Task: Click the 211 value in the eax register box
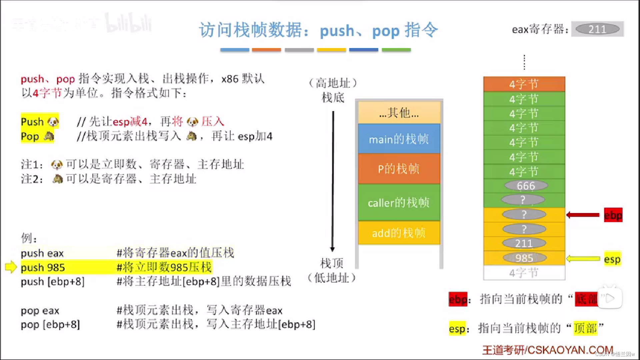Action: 597,29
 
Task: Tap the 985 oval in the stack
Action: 524,258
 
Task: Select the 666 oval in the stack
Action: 526,186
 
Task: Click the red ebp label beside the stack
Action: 613,215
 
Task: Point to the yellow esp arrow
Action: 583,259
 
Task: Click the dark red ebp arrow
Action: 583,215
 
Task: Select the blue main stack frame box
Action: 399,139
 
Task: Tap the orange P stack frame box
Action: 399,169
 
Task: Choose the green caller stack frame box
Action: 399,202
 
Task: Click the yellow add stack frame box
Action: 399,233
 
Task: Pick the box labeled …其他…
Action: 399,113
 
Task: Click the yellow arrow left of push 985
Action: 11,267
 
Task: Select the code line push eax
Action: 42,253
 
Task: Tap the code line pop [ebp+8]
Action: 50,325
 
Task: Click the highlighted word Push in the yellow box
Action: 32,122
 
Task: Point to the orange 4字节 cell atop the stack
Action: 524,84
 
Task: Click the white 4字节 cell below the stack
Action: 524,273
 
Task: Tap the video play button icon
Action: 610,298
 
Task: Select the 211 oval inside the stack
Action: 524,243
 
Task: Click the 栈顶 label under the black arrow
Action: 332,263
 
